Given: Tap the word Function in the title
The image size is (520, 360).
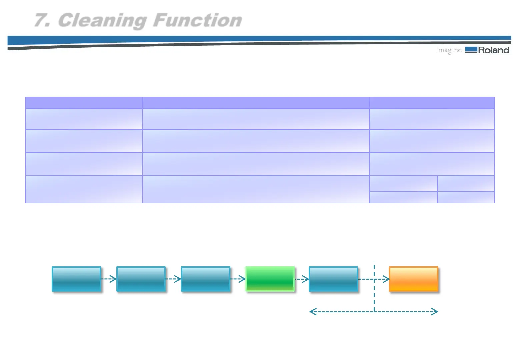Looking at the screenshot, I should coord(197,20).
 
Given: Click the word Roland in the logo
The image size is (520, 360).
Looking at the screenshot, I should coord(494,50).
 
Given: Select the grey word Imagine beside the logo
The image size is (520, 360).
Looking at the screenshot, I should coord(449,50).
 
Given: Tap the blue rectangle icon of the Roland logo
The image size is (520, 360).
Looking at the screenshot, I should coord(471,50).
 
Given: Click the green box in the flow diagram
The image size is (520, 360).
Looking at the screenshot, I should coord(270,279).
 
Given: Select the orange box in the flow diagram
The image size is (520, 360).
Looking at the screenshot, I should coord(413,279).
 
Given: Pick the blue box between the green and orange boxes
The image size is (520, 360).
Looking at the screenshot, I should coord(333,279).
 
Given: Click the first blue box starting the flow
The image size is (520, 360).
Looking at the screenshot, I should coord(76,279).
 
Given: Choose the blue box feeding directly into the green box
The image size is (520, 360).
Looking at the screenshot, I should coord(206,279).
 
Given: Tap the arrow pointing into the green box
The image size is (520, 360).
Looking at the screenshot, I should coord(238,279).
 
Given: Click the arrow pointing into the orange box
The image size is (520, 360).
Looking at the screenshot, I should coord(382,279).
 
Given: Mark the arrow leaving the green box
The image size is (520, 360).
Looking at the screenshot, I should coord(302,279).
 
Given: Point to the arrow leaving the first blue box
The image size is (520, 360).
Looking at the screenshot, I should coord(109,279).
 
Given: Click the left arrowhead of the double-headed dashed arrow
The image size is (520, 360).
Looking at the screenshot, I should coord(313,312).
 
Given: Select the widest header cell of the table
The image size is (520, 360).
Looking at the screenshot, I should coord(256,103).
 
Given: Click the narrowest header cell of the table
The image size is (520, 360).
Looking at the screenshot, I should coord(84,103).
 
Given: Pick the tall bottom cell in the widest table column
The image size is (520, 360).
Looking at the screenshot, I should coord(256,189).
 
